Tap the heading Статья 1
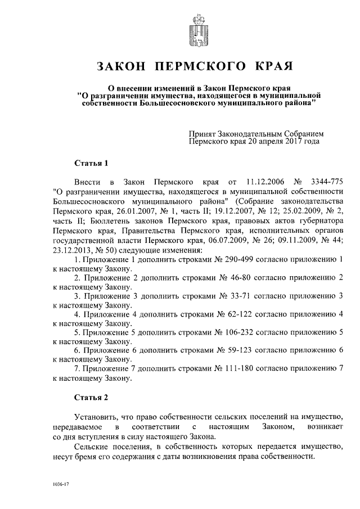(x=90, y=163)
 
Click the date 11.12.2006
(x=262, y=183)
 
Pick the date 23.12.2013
(x=73, y=250)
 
